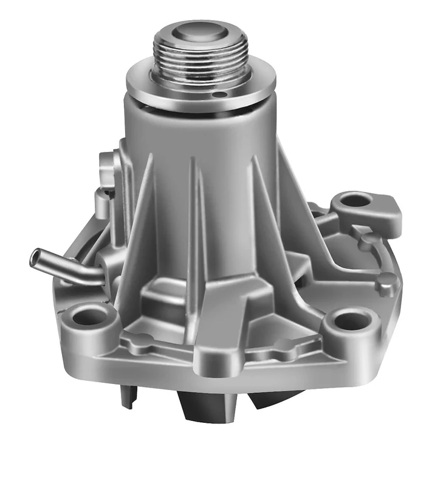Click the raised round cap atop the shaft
201,32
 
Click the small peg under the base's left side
126,395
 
